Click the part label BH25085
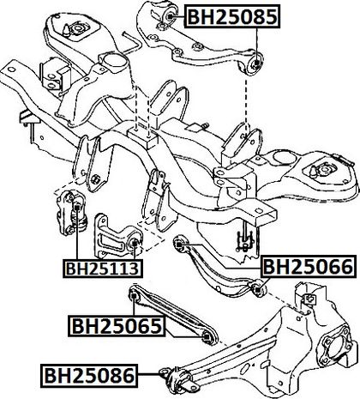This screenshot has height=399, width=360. pos(232,16)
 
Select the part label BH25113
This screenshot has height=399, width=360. pos(103,269)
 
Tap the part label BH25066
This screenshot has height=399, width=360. pos(309,267)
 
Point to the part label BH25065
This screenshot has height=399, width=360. pos(117,326)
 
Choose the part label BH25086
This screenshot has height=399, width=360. pos(89,376)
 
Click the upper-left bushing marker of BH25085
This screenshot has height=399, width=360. pos(171,16)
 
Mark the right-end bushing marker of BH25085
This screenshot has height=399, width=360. pos(257,63)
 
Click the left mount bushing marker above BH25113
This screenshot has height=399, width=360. pos(76,207)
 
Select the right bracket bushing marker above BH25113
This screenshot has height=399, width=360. pos(135,244)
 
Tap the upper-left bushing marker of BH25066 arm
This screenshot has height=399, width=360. pos(179,245)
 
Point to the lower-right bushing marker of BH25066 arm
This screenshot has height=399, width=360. pos(258,291)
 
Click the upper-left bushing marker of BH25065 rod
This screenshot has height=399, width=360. pos(134,296)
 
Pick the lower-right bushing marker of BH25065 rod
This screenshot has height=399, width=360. pos(207,337)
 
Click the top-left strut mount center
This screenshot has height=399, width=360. pos(78,29)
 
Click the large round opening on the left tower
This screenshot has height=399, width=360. pos(114,62)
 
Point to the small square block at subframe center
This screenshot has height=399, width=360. pos(142,137)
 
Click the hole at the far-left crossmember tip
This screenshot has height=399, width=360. pos(11,70)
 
